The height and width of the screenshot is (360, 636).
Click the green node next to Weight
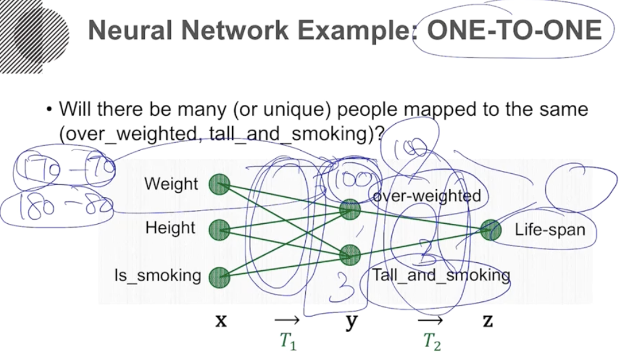[219, 184]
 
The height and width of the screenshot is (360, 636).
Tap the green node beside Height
[219, 230]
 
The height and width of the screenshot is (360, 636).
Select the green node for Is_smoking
[219, 278]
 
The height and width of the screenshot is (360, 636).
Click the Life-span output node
[490, 230]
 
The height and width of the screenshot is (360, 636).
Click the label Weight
[171, 184]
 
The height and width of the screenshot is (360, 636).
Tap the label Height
[170, 228]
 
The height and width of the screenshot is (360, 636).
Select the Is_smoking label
[157, 276]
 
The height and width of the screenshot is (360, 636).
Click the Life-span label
[549, 230]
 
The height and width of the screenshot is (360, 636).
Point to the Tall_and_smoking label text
[441, 275]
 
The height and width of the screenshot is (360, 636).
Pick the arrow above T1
[286, 320]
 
